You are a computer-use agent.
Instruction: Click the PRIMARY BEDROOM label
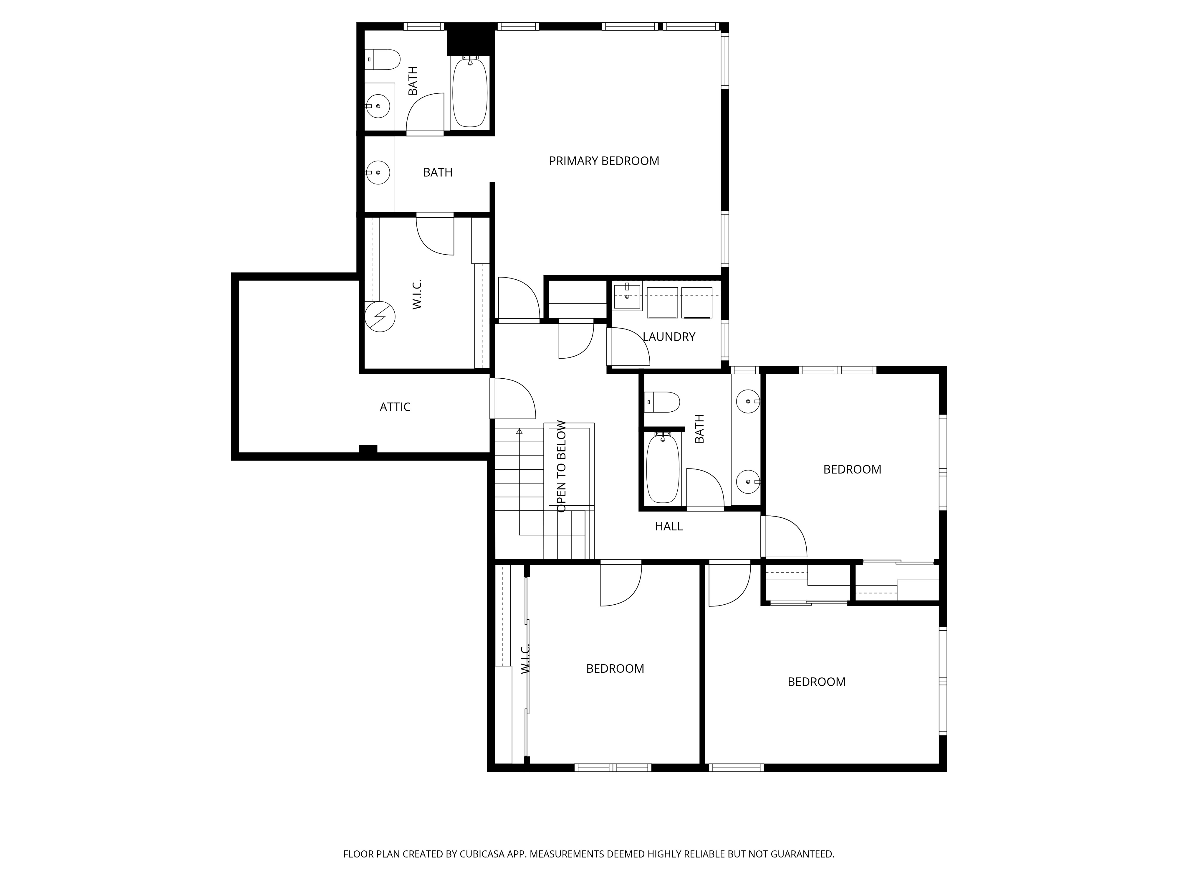point(604,161)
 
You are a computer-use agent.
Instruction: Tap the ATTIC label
point(395,407)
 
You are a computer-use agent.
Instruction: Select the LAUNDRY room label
point(669,337)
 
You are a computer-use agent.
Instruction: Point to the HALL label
point(669,527)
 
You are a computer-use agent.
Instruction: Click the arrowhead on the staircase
point(519,431)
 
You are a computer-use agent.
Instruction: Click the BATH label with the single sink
point(438,173)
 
